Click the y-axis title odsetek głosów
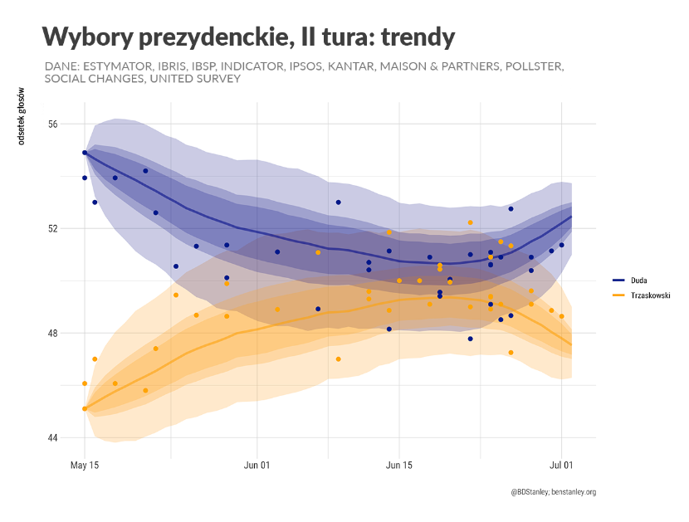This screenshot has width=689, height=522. coord(22,115)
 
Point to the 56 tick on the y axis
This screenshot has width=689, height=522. coord(53,124)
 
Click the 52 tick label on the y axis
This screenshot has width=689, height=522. coord(53,228)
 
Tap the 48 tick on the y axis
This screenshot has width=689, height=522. coord(53,333)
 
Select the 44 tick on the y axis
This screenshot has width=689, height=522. coord(53,437)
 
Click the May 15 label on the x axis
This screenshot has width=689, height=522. coord(85,466)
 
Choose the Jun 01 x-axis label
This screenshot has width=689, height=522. coord(257,466)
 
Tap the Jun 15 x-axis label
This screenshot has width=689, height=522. coord(399,466)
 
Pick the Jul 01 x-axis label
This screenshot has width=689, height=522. coord(562,466)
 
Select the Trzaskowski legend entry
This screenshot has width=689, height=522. coord(648,295)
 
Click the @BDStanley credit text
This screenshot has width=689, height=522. coord(530,492)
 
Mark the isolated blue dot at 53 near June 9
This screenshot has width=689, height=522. coord(339,202)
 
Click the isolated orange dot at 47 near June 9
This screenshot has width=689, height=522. coord(339,359)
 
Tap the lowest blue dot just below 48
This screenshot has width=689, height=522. coord(470,339)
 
